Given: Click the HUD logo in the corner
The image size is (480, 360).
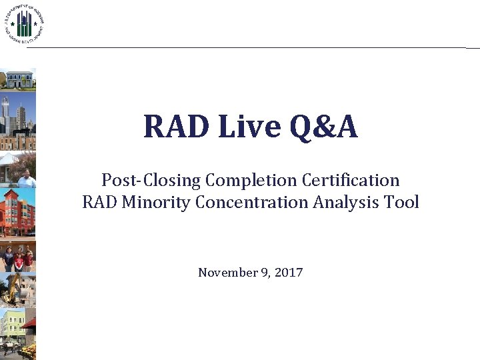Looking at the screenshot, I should [24, 24].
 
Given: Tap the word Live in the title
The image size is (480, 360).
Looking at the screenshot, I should [235, 127].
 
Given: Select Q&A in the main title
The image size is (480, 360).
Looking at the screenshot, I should [320, 127].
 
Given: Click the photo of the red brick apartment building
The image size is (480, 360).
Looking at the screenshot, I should [18, 212].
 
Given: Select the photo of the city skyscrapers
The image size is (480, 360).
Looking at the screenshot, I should [18, 121].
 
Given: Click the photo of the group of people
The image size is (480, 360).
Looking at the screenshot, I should [18, 257].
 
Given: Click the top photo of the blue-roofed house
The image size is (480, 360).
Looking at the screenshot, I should [18, 79].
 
